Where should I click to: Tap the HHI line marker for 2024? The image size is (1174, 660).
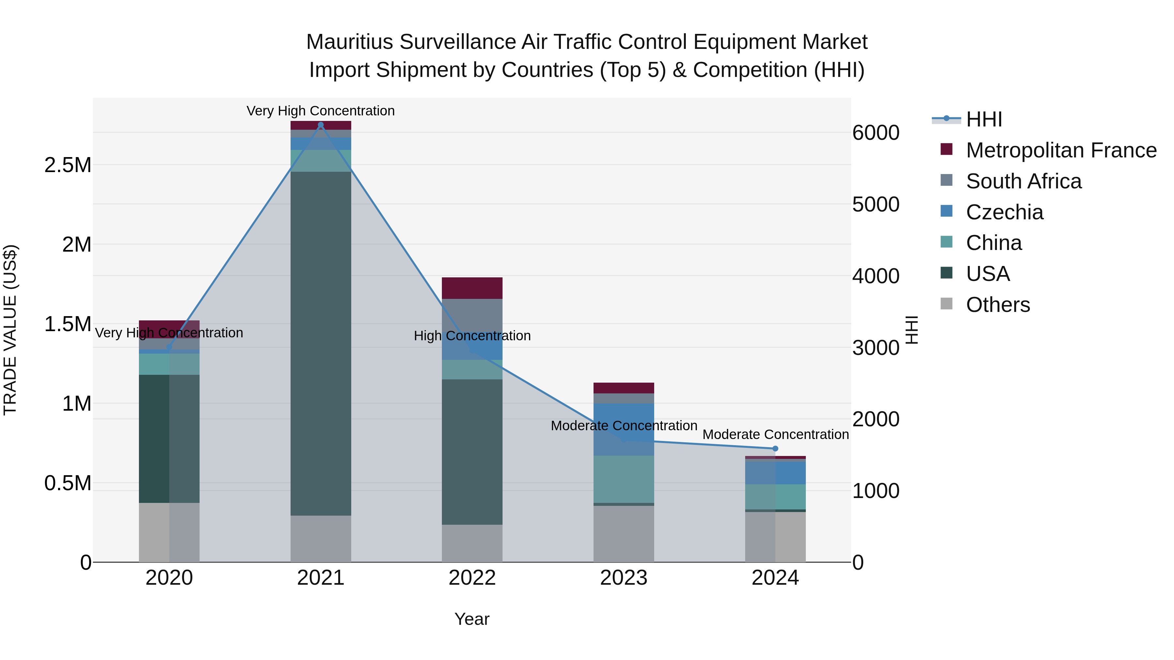pyautogui.click(x=775, y=449)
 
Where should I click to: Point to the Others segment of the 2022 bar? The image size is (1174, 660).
pyautogui.click(x=472, y=543)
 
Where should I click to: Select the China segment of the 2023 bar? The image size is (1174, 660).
pyautogui.click(x=624, y=479)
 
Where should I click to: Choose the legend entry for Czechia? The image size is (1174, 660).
pyautogui.click(x=1004, y=212)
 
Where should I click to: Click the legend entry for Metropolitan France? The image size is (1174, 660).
pyautogui.click(x=1061, y=150)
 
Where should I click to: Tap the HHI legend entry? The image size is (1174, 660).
pyautogui.click(x=984, y=119)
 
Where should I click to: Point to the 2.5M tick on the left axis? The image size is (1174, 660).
pyautogui.click(x=68, y=165)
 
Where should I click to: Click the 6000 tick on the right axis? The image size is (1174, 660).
pyautogui.click(x=876, y=133)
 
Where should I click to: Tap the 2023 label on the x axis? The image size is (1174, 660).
pyautogui.click(x=624, y=578)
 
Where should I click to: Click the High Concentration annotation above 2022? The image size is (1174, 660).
pyautogui.click(x=472, y=336)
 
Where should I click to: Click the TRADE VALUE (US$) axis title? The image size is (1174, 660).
pyautogui.click(x=10, y=330)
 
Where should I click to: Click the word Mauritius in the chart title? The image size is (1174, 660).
pyautogui.click(x=349, y=42)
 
